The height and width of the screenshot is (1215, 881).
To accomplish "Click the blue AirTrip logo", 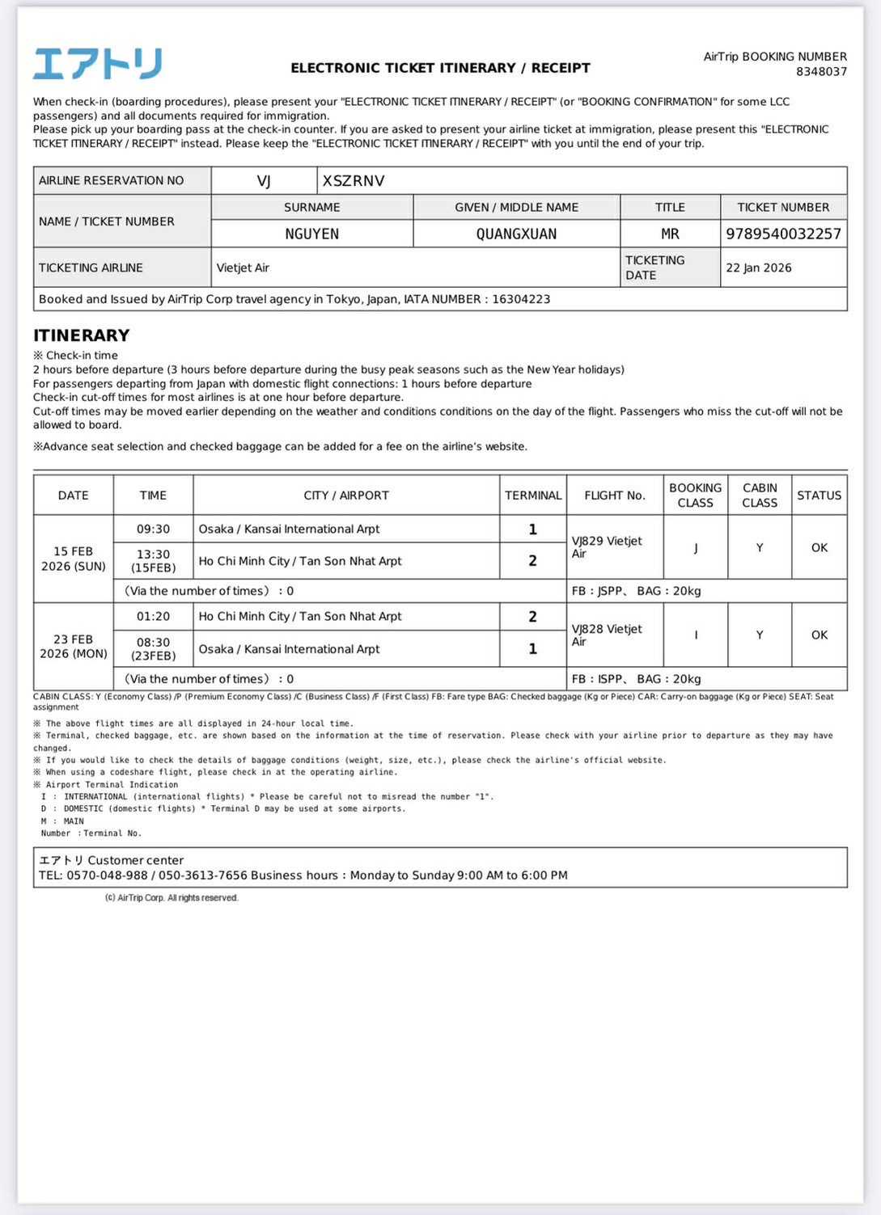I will click(97, 64).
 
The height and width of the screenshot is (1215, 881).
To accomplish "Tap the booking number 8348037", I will click(821, 71).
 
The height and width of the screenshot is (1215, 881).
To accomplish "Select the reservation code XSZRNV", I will click(354, 181).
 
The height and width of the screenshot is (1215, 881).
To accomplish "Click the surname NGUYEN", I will click(311, 234).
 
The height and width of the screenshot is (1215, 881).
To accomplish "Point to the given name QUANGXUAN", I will click(516, 234).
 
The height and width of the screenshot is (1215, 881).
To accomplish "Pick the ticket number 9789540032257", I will click(783, 234).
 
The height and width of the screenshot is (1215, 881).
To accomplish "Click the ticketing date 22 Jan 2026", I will click(758, 268).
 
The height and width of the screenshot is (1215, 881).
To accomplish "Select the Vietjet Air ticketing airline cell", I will click(243, 268).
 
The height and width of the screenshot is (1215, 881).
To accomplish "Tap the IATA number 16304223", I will click(521, 299).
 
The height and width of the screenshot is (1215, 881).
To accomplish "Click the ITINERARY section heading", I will click(81, 335).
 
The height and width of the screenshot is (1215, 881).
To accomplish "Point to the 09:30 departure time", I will click(153, 529).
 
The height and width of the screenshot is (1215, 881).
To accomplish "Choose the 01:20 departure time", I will click(153, 616).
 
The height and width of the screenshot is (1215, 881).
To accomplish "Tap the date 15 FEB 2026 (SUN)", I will click(73, 559).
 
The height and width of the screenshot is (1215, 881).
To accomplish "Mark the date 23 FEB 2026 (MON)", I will click(73, 646).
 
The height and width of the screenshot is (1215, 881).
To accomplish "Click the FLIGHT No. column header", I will click(614, 496).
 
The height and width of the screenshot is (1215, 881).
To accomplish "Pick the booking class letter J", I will click(695, 548).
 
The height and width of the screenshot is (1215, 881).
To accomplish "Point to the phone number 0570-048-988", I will click(107, 875).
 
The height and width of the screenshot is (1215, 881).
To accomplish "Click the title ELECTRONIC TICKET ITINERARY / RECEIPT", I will click(440, 68).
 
